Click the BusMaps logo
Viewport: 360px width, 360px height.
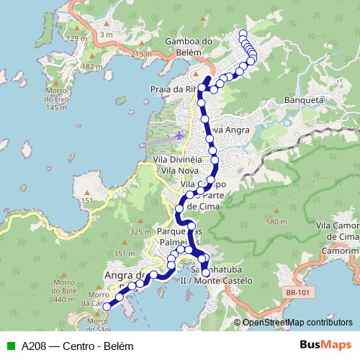pyautogui.click(x=326, y=345)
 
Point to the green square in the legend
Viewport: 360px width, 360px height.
pyautogui.click(x=9, y=345)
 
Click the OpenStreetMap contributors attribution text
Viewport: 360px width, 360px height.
pyautogui.click(x=297, y=323)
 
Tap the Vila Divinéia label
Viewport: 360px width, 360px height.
pyautogui.click(x=176, y=158)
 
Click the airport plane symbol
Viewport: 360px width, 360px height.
pyautogui.click(x=179, y=135)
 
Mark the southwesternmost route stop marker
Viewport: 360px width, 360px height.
pyautogui.click(x=107, y=306)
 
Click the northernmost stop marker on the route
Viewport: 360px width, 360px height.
pyautogui.click(x=243, y=33)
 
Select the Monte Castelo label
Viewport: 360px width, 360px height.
pyautogui.click(x=228, y=279)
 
